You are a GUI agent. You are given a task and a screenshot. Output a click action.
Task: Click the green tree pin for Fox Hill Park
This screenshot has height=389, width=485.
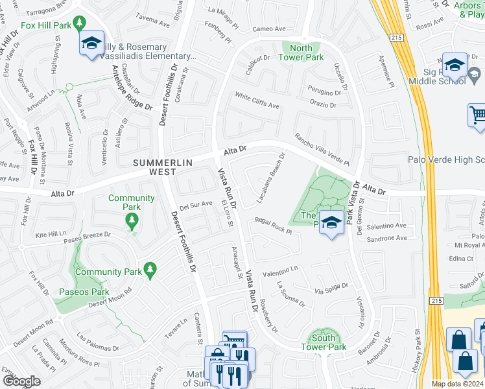pyautogui.click(x=79, y=23)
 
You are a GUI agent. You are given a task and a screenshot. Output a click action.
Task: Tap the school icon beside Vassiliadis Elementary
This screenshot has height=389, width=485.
pyautogui.click(x=91, y=43)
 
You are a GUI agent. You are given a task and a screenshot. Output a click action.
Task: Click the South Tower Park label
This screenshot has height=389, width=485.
pyautogui.click(x=324, y=342)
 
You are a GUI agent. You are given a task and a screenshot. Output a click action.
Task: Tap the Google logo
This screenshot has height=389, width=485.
pyautogui.click(x=21, y=381)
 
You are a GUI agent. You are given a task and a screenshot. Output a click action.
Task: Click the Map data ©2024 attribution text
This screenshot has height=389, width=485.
pyautogui.click(x=457, y=384)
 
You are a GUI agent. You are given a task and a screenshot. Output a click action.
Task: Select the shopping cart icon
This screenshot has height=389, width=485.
pyautogui.click(x=478, y=115)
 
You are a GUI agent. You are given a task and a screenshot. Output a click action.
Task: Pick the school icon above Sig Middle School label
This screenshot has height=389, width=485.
pyautogui.click(x=454, y=65)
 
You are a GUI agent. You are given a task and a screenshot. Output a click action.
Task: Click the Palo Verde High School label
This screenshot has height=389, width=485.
pyautogui.click(x=446, y=159)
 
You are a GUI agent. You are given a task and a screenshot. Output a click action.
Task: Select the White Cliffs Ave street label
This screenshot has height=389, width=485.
pyautogui.click(x=257, y=101)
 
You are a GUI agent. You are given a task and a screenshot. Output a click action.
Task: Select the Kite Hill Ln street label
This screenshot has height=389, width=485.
pyautogui.click(x=51, y=233)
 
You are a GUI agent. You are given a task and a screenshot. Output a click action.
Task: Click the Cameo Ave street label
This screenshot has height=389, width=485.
pyautogui.click(x=269, y=29)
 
